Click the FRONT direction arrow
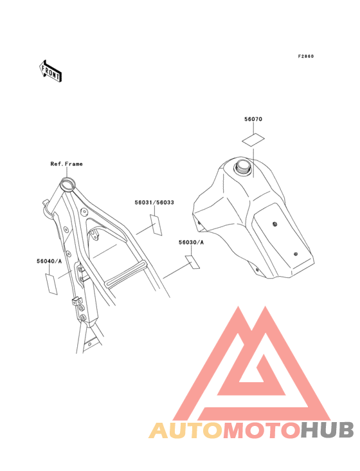tap(50, 71)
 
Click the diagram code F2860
tap(306, 56)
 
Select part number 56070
tap(253, 119)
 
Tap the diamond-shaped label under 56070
tap(253, 140)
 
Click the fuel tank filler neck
tap(243, 166)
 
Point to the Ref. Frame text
tap(67, 164)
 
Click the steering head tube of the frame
tap(67, 184)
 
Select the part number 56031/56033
tap(154, 203)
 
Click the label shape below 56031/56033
tap(156, 225)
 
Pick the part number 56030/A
tap(191, 243)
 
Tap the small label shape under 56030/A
tap(192, 262)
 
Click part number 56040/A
tap(50, 261)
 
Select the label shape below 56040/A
tap(51, 284)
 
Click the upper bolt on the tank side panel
tap(274, 224)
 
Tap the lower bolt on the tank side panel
tap(296, 254)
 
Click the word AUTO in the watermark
tap(186, 430)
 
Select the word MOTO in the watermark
tap(262, 430)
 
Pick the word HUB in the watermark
tap(327, 430)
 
